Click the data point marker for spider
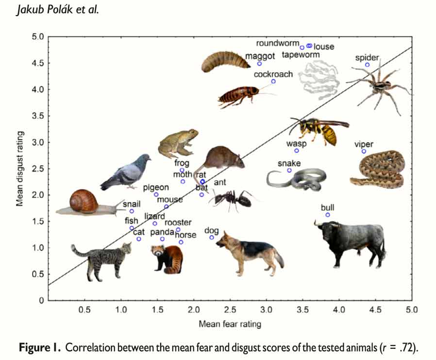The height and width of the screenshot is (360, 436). pyautogui.click(x=368, y=65)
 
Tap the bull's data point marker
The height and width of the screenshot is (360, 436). pyautogui.click(x=328, y=215)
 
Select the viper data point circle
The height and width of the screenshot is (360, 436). pyautogui.click(x=364, y=151)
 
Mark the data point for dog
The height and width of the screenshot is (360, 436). pyautogui.click(x=212, y=237)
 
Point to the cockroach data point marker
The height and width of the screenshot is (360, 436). pyautogui.click(x=273, y=81)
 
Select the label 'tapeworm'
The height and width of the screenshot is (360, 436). pyautogui.click(x=301, y=55)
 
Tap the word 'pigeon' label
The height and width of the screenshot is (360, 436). pyautogui.click(x=156, y=187)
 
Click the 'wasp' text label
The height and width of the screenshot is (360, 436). pyautogui.click(x=296, y=144)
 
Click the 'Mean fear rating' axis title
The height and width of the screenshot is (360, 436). pyautogui.click(x=230, y=323)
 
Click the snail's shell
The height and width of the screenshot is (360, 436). pyautogui.click(x=84, y=200)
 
